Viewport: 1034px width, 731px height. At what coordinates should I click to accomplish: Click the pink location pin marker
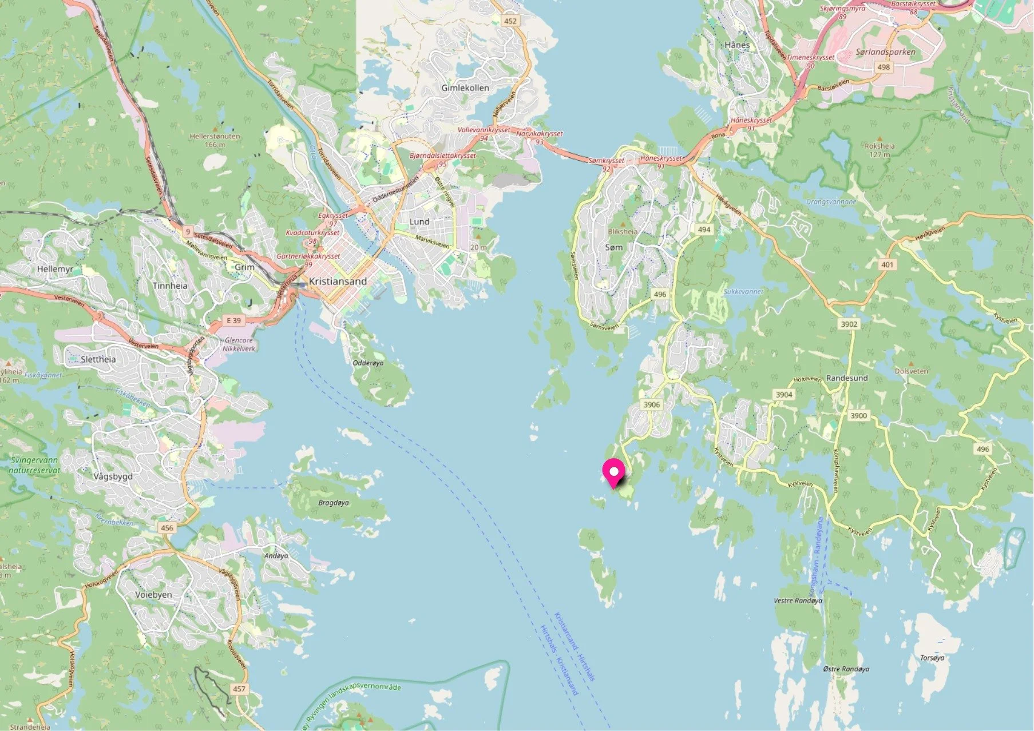pos(613,473)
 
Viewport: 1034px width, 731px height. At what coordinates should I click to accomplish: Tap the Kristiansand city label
pos(338,281)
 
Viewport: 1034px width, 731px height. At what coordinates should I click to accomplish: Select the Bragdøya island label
pos(333,503)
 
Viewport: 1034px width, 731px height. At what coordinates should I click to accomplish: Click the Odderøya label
pos(368,363)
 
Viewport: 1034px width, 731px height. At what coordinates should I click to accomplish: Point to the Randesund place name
pos(847,378)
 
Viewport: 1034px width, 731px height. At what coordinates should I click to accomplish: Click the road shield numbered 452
pos(510,21)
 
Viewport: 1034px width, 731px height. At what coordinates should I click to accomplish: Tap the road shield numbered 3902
pos(849,324)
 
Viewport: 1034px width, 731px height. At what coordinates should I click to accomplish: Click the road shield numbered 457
pos(239,689)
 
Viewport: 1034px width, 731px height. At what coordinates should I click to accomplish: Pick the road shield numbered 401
pos(887,265)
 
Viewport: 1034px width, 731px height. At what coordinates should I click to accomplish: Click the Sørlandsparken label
pos(885,52)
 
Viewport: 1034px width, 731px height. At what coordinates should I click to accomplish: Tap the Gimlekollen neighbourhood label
pos(465,88)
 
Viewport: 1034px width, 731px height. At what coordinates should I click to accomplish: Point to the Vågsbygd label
pos(113,476)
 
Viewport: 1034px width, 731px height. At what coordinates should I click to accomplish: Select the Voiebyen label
pos(153,594)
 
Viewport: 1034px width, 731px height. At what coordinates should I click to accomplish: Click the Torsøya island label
pos(932,658)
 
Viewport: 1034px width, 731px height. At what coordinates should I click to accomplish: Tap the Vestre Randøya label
pos(798,601)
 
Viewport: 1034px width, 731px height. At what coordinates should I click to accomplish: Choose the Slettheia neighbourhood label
pos(98,359)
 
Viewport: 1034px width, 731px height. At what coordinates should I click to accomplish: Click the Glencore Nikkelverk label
pos(237,344)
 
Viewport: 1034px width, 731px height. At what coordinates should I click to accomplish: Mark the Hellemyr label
pos(55,269)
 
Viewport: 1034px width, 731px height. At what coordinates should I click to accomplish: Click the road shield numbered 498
pos(884,67)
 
